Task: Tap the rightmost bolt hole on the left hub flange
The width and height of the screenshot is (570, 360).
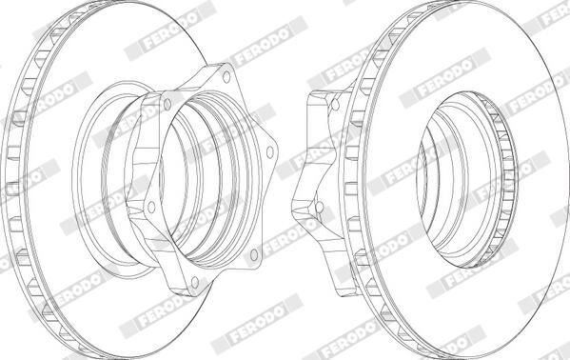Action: coord(270,151)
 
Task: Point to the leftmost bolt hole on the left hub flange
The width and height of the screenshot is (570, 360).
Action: coord(152,203)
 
